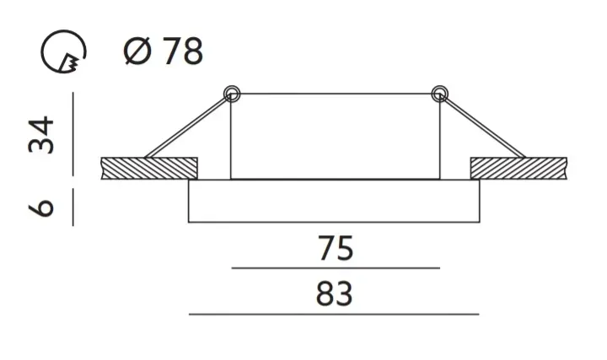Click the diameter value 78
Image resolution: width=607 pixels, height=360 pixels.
pyautogui.click(x=182, y=52)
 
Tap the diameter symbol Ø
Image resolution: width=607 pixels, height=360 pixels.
pyautogui.click(x=137, y=52)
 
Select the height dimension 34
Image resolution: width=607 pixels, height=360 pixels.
pyautogui.click(x=42, y=136)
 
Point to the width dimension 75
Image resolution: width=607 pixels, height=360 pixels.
pyautogui.click(x=335, y=250)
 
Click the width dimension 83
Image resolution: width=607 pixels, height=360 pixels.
pyautogui.click(x=335, y=295)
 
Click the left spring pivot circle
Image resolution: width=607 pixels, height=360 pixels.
pyautogui.click(x=231, y=93)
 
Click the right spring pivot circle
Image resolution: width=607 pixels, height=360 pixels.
pyautogui.click(x=439, y=93)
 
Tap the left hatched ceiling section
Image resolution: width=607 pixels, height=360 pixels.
pyautogui.click(x=149, y=168)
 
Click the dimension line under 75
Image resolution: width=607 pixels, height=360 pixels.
pyautogui.click(x=335, y=268)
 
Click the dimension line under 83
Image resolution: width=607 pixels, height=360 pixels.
pyautogui.click(x=335, y=314)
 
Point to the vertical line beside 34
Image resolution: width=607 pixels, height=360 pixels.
pyautogui.click(x=73, y=135)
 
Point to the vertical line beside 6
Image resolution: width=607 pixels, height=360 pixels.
pyautogui.click(x=73, y=207)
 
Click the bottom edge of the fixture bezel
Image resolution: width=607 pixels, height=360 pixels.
pyautogui.click(x=335, y=223)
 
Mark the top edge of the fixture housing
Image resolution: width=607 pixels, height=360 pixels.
pyautogui.click(x=335, y=93)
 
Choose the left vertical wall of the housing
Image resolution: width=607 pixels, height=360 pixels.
pyautogui.click(x=231, y=139)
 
